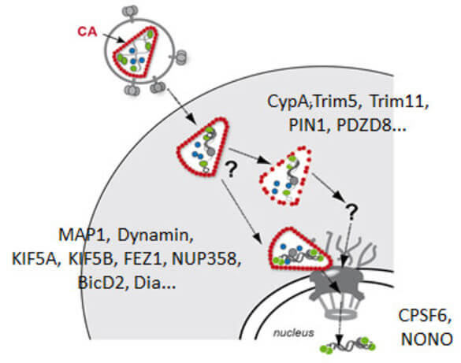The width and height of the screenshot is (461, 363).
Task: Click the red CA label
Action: pyautogui.click(x=87, y=31)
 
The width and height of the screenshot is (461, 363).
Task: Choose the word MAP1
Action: pyautogui.click(x=81, y=235)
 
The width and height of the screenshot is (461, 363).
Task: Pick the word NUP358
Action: pyautogui.click(x=206, y=259)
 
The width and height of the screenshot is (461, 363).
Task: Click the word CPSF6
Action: pyautogui.click(x=424, y=316)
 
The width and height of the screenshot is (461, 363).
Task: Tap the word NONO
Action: pyautogui.click(x=426, y=339)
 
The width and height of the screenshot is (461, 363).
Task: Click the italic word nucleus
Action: pyautogui.click(x=293, y=333)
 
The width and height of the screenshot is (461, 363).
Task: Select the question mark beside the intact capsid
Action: pyautogui.click(x=230, y=169)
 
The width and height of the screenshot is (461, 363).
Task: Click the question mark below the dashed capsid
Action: pyautogui.click(x=351, y=213)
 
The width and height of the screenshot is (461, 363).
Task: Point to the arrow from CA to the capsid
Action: pyautogui.click(x=114, y=38)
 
